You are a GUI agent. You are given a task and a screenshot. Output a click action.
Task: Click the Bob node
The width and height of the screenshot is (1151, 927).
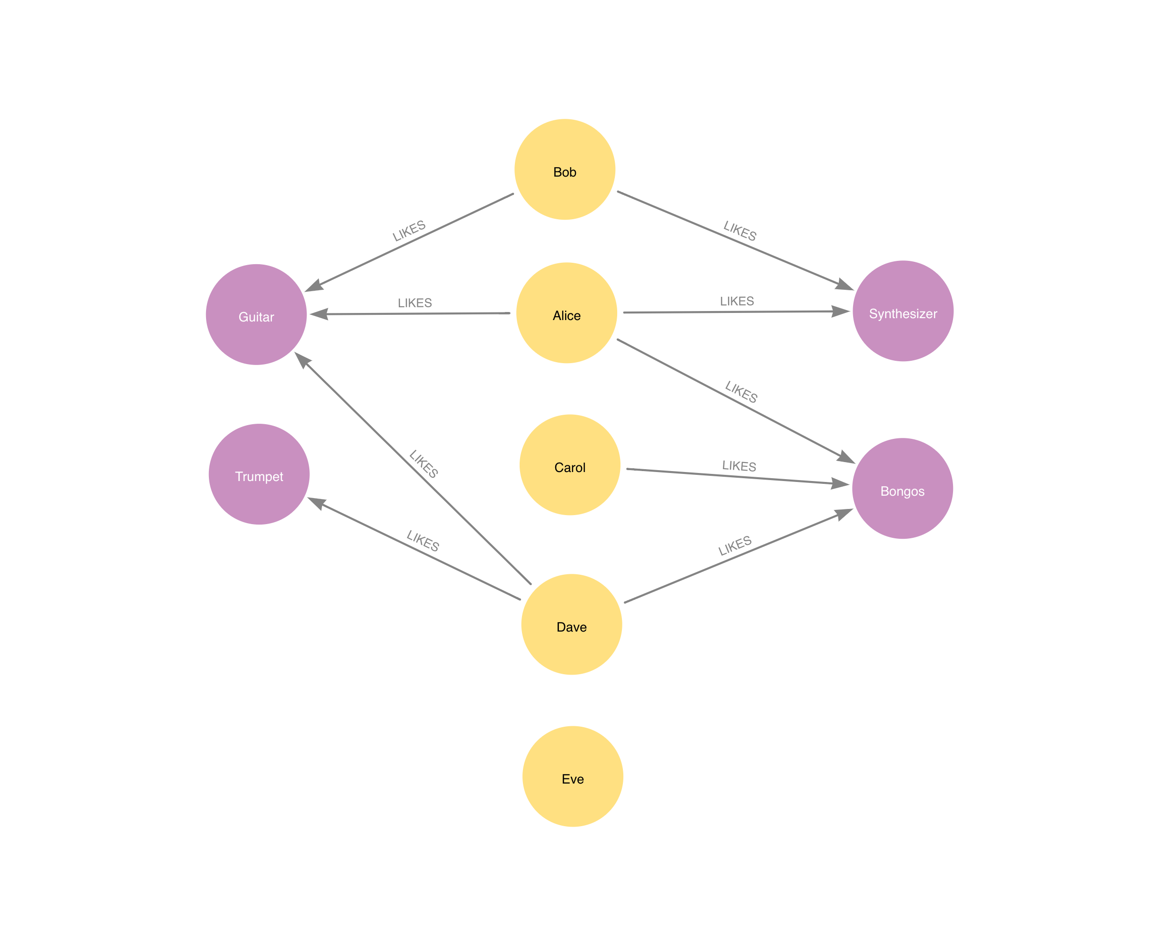[565, 169]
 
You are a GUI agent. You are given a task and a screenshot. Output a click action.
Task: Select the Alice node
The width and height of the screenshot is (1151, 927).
[567, 313]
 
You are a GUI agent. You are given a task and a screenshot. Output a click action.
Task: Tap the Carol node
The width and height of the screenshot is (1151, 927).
[570, 465]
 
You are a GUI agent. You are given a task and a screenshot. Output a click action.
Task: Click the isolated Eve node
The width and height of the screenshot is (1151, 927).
[573, 776]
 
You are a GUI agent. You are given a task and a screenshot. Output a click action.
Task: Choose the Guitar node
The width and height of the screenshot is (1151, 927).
[256, 314]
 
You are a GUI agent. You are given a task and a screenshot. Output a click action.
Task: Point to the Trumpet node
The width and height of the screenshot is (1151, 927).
[259, 474]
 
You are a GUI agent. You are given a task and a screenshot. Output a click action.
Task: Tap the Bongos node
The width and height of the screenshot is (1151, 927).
[902, 489]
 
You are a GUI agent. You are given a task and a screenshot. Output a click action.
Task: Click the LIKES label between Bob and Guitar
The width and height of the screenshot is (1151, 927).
[409, 231]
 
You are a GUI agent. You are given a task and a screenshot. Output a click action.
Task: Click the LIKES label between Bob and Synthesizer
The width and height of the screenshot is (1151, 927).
[740, 231]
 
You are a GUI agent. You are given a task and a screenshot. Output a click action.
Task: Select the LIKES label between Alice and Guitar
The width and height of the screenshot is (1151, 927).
[415, 303]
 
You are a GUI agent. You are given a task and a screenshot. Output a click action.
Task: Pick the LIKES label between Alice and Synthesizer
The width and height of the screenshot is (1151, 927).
[737, 301]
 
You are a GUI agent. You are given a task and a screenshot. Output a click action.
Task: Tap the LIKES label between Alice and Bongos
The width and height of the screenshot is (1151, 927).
[741, 392]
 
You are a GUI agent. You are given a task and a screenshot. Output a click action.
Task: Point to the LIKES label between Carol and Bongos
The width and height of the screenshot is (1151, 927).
[739, 466]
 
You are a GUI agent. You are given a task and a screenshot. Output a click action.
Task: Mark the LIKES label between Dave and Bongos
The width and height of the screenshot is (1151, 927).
[735, 545]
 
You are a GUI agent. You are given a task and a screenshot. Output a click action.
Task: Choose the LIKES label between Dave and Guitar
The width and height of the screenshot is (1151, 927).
[423, 463]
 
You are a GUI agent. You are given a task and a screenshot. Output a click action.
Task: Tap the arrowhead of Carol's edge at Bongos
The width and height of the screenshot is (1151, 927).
[841, 484]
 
